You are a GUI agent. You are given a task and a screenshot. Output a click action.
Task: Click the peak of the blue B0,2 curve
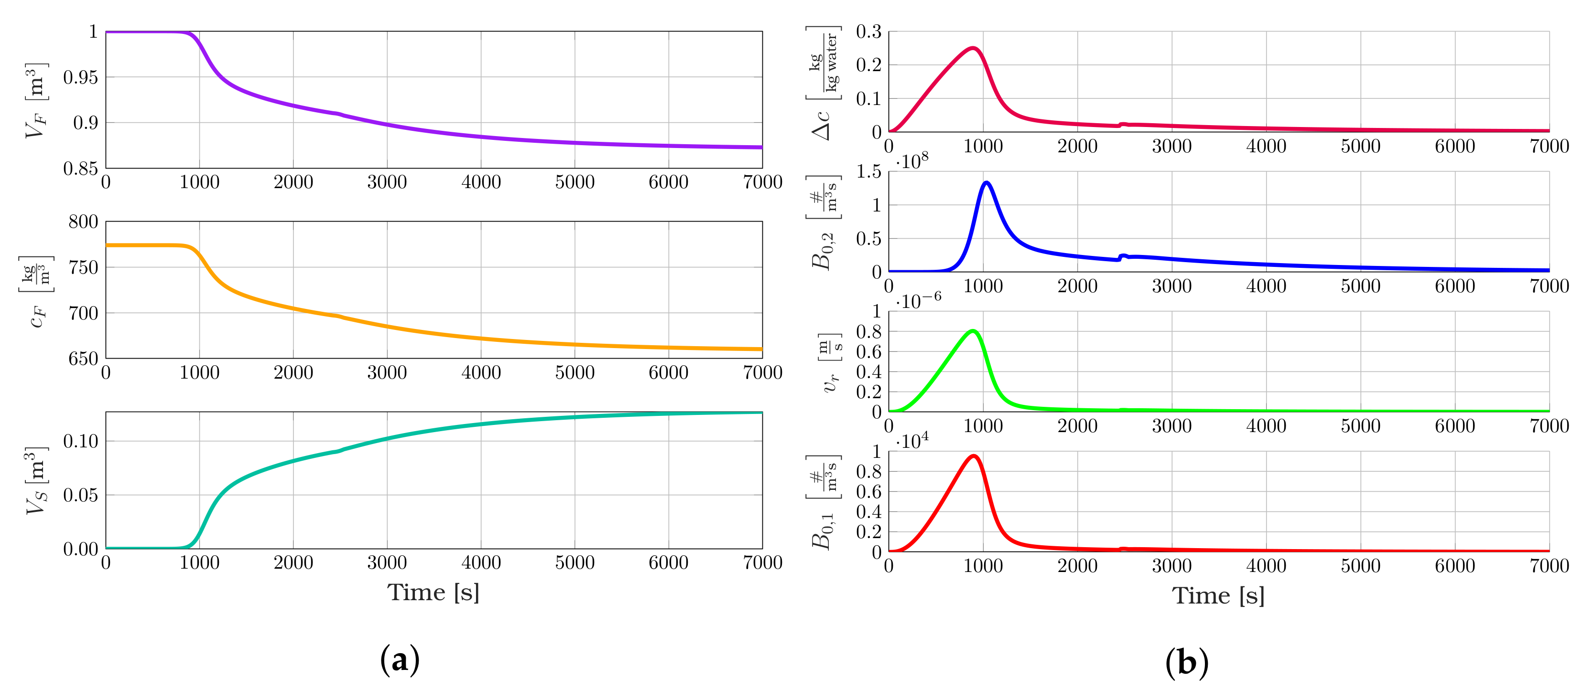pos(987,182)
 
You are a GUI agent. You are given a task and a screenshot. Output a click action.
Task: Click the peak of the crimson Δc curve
pos(973,48)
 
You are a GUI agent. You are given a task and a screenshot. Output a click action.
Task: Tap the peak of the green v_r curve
pos(973,331)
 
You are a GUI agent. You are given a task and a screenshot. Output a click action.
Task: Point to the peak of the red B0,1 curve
pos(974,456)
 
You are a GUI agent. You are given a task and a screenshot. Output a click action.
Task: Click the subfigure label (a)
pos(400,660)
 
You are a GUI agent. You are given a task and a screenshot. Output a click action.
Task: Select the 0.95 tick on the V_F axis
pos(80,77)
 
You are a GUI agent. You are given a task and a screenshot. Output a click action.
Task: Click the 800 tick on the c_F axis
pos(83,222)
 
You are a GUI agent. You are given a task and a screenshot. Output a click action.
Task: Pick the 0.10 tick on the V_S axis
pos(80,441)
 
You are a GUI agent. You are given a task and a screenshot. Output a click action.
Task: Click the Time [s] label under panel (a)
pos(433,593)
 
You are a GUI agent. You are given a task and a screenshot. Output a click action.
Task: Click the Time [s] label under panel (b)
pos(1218,596)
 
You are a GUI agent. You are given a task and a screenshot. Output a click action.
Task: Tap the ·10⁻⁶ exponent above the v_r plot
pos(918,301)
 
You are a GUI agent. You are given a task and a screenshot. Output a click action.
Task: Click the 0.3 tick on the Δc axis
pos(868,32)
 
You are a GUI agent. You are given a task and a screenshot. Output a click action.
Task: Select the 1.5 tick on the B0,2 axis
pos(868,172)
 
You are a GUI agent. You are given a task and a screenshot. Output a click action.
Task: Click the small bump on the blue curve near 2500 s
pos(1123,255)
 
